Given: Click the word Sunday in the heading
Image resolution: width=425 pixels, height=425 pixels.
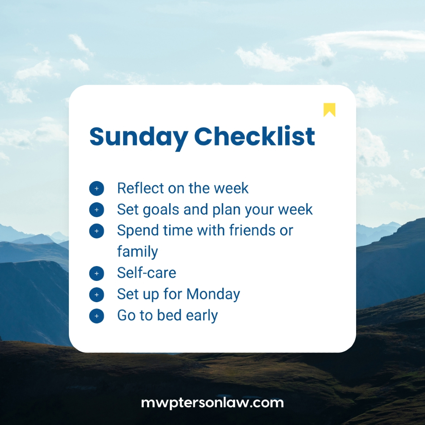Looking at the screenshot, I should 139,137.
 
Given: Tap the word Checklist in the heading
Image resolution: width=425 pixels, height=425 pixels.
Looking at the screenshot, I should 255,136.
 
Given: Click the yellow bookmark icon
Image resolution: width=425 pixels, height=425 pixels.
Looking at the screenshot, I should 329,110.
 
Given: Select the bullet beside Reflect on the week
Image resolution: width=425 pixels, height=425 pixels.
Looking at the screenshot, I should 96,188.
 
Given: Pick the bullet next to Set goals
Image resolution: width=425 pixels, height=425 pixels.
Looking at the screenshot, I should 96,210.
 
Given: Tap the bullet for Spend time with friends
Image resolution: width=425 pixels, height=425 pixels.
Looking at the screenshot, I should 96,231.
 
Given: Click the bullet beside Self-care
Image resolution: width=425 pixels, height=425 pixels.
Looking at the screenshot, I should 96,273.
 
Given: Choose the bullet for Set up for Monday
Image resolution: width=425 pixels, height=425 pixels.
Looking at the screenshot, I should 96,295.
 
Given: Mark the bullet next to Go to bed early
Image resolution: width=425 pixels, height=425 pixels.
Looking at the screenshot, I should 96,316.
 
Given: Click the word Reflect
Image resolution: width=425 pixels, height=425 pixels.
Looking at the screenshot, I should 140,188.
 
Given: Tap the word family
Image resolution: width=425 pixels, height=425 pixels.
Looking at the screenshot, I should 137,252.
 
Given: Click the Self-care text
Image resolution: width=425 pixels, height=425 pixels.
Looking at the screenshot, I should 146,273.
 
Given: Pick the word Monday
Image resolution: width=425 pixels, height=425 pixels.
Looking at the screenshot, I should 213,294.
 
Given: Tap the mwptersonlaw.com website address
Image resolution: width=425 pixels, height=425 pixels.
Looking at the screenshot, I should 212,402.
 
